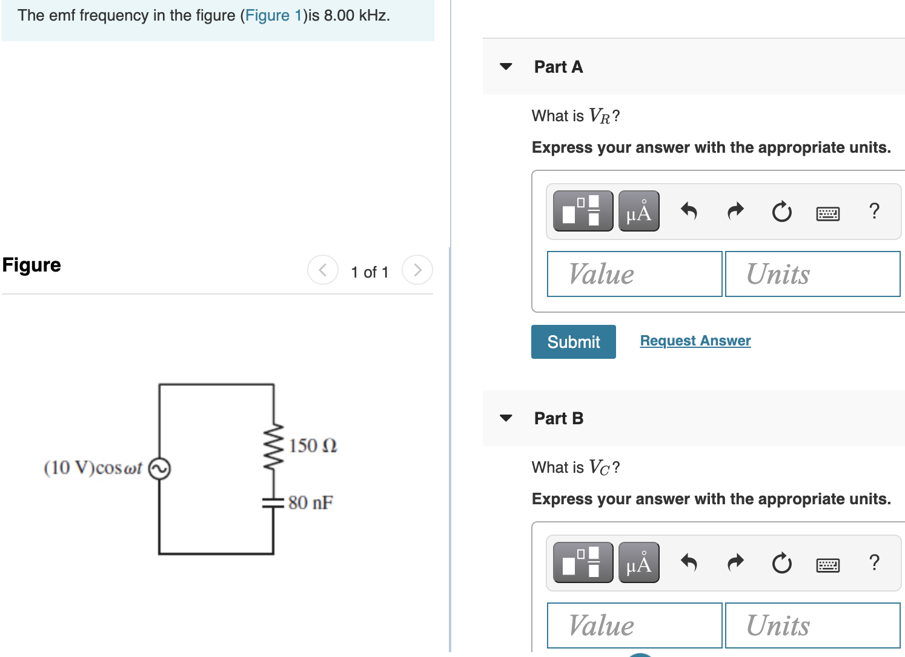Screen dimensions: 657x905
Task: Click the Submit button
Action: [573, 342]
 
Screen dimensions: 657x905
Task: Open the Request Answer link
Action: [695, 341]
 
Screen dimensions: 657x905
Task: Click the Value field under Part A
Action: [634, 274]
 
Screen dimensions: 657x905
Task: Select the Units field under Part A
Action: [812, 274]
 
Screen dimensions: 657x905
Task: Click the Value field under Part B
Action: [634, 625]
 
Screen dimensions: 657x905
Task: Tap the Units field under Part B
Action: [812, 625]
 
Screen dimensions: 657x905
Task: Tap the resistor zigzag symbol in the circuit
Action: [274, 445]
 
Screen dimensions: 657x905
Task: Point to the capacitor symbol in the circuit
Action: [273, 502]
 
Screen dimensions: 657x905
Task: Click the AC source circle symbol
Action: [159, 469]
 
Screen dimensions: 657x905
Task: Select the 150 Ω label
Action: [313, 445]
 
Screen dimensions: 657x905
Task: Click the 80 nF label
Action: [310, 502]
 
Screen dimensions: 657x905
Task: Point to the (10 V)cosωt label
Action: [93, 468]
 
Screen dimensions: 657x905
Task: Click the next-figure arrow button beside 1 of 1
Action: [417, 270]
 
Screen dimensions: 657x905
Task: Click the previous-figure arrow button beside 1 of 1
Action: [323, 270]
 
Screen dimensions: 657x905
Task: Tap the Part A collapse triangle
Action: [506, 67]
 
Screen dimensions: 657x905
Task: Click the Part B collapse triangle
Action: [506, 418]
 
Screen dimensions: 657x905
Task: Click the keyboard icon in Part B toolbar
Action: [827, 565]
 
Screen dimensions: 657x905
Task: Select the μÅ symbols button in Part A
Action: [638, 211]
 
